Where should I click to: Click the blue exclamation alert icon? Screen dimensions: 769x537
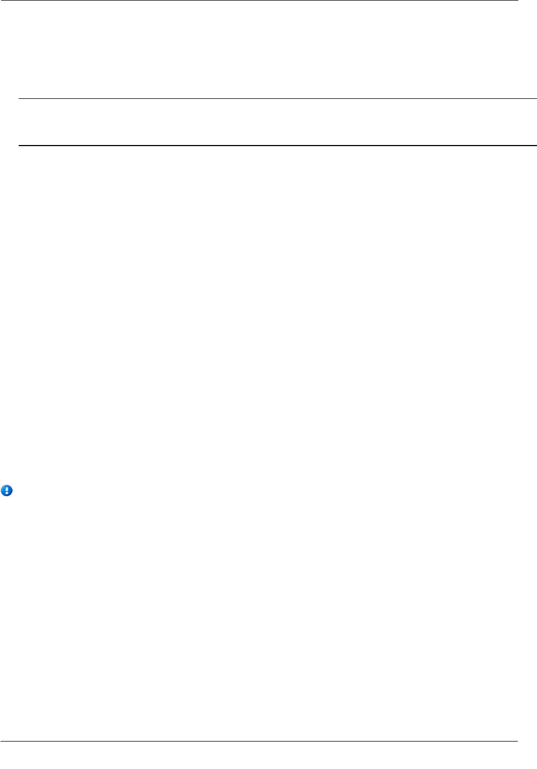(7, 491)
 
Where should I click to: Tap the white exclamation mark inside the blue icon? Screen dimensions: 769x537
(7, 490)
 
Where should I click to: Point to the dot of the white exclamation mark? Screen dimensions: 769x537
(7, 493)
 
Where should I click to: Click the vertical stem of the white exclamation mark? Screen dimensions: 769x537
(7, 489)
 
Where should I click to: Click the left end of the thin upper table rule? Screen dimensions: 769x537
(19, 99)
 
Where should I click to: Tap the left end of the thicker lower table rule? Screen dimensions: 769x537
(19, 146)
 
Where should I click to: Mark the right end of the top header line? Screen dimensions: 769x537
(517, 1)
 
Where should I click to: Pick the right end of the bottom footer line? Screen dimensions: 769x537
(517, 742)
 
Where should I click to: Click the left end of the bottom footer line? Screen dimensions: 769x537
(1, 742)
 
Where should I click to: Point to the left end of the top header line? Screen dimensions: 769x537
(1, 1)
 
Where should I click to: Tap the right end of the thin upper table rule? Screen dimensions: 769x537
(535, 99)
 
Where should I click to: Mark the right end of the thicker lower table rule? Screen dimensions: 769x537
(535, 146)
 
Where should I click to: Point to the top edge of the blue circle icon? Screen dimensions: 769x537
(7, 486)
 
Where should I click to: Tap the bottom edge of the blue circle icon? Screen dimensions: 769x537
(7, 496)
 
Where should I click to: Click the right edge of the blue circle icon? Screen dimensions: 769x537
(12, 491)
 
